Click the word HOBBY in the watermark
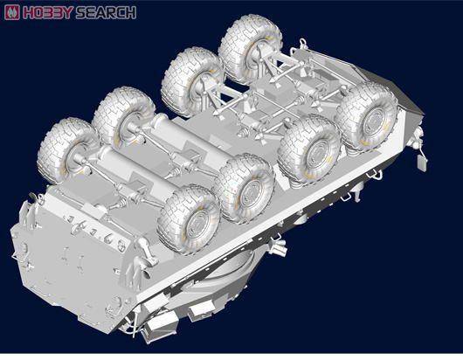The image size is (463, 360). [48, 12]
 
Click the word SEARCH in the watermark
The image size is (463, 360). [106, 12]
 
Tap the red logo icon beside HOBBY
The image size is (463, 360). [12, 12]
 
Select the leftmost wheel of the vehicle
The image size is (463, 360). [66, 151]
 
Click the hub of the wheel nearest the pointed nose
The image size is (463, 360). [375, 119]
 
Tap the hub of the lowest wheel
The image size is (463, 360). [197, 224]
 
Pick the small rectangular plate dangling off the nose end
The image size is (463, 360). [422, 163]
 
